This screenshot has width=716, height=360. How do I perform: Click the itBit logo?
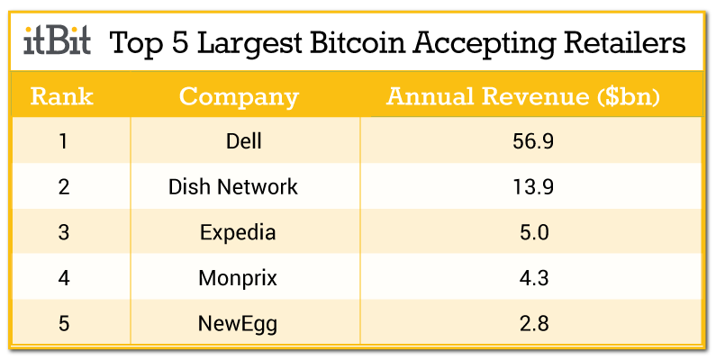pos(56,41)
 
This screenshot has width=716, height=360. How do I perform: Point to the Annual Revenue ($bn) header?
pos(524,96)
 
